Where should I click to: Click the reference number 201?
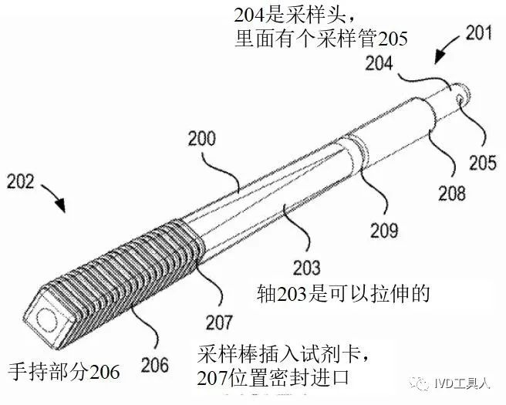pyautogui.click(x=479, y=33)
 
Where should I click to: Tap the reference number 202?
pyautogui.click(x=20, y=181)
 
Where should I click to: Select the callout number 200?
pyautogui.click(x=202, y=139)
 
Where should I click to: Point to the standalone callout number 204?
pyautogui.click(x=379, y=63)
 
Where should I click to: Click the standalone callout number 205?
pyautogui.click(x=482, y=162)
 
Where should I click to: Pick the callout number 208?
pyautogui.click(x=452, y=193)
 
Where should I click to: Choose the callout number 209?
pyautogui.click(x=384, y=230)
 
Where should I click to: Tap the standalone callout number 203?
pyautogui.click(x=306, y=268)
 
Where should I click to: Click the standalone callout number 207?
pyautogui.click(x=219, y=322)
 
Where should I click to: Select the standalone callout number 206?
pyautogui.click(x=154, y=365)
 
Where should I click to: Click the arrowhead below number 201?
pyautogui.click(x=440, y=58)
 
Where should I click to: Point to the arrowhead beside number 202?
pyautogui.click(x=60, y=204)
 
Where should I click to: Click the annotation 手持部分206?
pyautogui.click(x=63, y=372)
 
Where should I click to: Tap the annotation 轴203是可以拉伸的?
pyautogui.click(x=343, y=294)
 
